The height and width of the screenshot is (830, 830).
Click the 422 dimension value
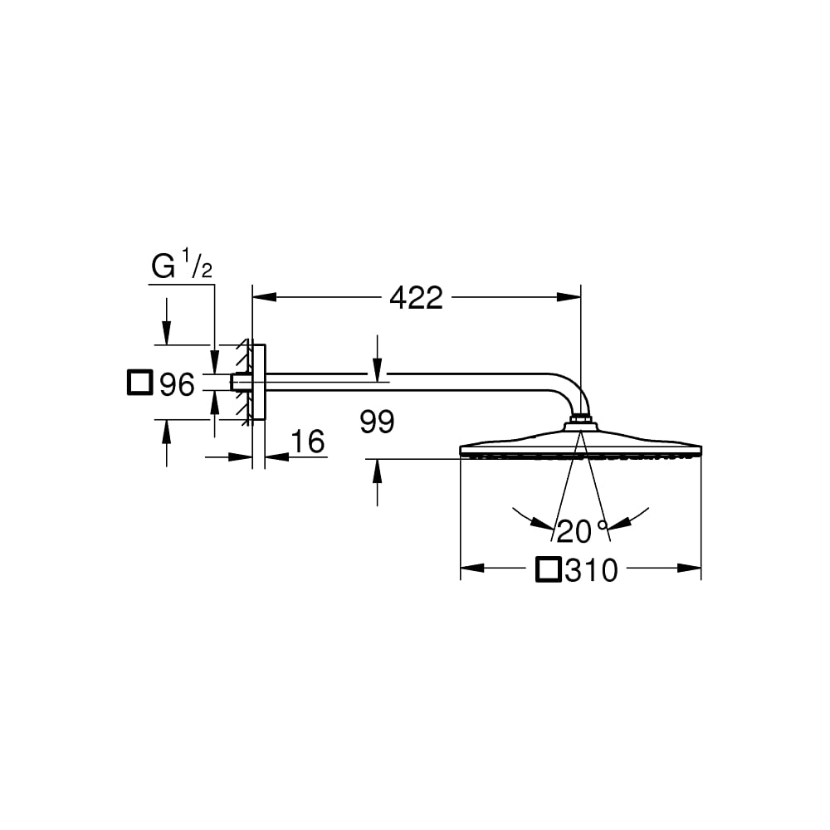point(416,298)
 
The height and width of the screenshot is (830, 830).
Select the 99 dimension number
point(377,422)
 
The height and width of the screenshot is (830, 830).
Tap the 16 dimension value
point(308,442)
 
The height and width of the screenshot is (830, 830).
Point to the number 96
point(178,383)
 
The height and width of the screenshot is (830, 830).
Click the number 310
point(591,570)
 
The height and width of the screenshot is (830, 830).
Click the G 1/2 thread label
point(182,265)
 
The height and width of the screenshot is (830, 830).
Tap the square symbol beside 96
point(140,383)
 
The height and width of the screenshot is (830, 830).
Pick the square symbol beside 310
point(549,569)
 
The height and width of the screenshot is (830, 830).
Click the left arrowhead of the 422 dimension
point(265,297)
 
